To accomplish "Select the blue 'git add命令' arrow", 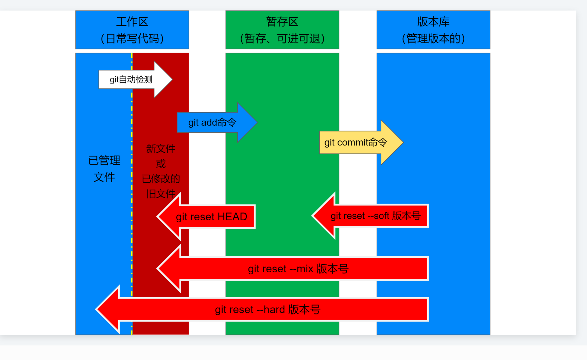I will pyautogui.click(x=212, y=122).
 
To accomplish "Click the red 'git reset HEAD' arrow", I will pyautogui.click(x=211, y=217).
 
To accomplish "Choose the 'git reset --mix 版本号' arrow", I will pyautogui.click(x=298, y=269).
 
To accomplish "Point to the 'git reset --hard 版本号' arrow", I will pyautogui.click(x=267, y=310).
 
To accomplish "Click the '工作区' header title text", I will pyautogui.click(x=132, y=22).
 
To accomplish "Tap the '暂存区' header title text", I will pyautogui.click(x=282, y=22).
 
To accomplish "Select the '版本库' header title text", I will pyautogui.click(x=433, y=22).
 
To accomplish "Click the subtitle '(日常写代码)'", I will pyautogui.click(x=132, y=38).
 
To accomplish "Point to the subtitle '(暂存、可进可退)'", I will pyautogui.click(x=282, y=38).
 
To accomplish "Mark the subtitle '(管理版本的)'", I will pyautogui.click(x=433, y=38).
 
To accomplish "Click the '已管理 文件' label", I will pyautogui.click(x=104, y=169).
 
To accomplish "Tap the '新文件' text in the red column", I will pyautogui.click(x=160, y=149).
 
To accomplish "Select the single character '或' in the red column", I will pyautogui.click(x=160, y=164).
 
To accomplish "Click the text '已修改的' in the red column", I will pyautogui.click(x=160, y=179).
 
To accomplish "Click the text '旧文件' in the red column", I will pyautogui.click(x=160, y=194).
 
